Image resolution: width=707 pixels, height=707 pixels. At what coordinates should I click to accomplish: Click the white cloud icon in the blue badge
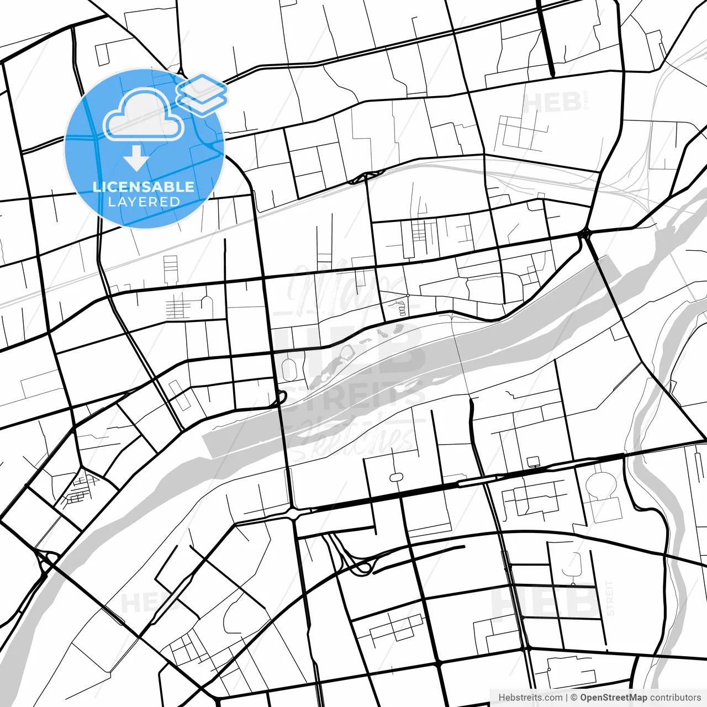[144, 115]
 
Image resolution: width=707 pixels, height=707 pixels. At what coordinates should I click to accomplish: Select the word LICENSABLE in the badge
[144, 187]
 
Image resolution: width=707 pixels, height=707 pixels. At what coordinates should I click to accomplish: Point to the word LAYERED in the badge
[144, 202]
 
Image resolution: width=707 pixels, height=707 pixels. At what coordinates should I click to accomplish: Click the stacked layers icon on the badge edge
[202, 94]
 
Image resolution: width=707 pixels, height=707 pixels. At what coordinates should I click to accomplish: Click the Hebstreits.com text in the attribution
[530, 698]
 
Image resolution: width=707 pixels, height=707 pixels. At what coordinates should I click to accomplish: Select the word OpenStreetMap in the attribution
[613, 698]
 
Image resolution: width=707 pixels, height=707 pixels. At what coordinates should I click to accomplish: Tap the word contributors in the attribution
[675, 698]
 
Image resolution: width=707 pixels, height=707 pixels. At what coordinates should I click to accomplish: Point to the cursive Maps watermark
[342, 287]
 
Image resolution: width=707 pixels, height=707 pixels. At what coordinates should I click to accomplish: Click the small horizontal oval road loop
[396, 477]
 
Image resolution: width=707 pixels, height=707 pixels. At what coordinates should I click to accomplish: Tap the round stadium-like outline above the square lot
[600, 484]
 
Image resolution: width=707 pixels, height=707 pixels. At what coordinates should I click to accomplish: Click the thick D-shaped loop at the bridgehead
[280, 397]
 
